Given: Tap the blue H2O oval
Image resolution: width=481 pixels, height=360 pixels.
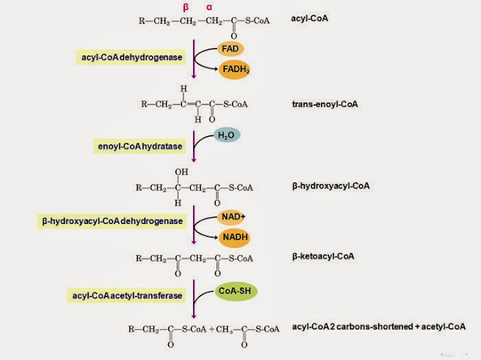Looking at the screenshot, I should coord(225,136).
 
